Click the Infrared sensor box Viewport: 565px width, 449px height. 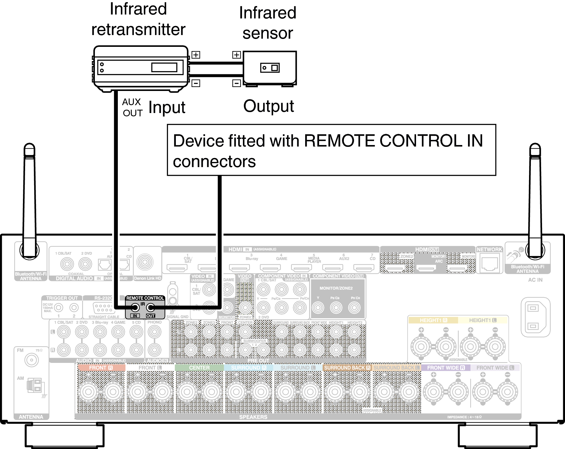coord(270,68)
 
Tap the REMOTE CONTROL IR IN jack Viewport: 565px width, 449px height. coord(135,308)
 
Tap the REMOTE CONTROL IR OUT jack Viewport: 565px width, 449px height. coord(150,308)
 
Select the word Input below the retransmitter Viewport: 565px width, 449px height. coord(167,108)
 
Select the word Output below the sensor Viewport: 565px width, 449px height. coord(268,106)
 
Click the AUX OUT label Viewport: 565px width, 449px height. coord(132,108)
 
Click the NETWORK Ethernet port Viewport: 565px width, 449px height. coord(489,263)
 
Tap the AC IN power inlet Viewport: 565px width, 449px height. coord(535,317)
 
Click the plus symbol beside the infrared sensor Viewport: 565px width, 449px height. coord(236,55)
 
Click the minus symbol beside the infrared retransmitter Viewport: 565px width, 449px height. coord(196,83)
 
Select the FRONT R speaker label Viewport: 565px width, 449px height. coord(101,368)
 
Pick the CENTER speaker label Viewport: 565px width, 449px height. coord(199,368)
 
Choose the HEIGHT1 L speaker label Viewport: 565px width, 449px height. coord(483,320)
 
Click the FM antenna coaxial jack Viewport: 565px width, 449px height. coord(31,360)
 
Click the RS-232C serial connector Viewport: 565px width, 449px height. coord(103,308)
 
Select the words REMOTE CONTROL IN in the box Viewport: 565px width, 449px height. coord(393,141)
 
